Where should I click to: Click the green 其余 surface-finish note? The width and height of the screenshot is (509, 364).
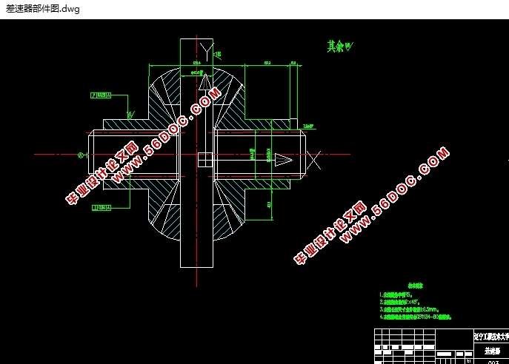coord(340,46)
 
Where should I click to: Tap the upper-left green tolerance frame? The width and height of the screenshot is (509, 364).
coord(99,95)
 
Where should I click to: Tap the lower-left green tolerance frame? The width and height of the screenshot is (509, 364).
coord(100,209)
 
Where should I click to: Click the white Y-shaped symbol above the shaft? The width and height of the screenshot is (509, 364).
coord(205,50)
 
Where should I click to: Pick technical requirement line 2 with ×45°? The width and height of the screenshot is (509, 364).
coord(405,302)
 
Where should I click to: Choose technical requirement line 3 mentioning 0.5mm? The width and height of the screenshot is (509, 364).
coord(410,309)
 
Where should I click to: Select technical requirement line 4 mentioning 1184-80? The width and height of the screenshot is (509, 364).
coord(414,317)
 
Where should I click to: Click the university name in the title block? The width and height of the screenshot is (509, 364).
coord(490,335)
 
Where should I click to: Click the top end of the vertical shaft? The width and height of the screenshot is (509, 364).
coord(196,39)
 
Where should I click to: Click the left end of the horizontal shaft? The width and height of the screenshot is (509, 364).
coord(90,155)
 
